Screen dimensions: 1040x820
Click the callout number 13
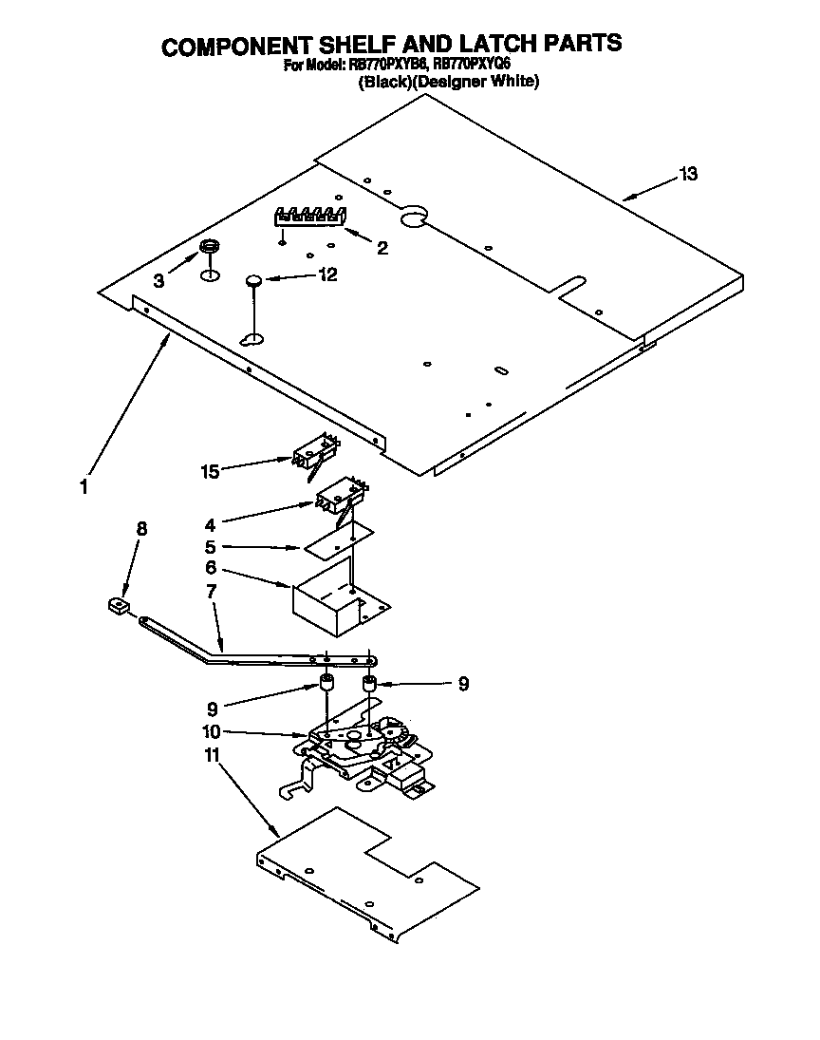pos(688,174)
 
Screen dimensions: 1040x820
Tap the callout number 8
pos(142,530)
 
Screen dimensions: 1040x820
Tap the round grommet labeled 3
pos(210,249)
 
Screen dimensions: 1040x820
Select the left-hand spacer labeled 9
pos(325,685)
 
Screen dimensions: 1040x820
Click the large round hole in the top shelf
pos(413,218)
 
